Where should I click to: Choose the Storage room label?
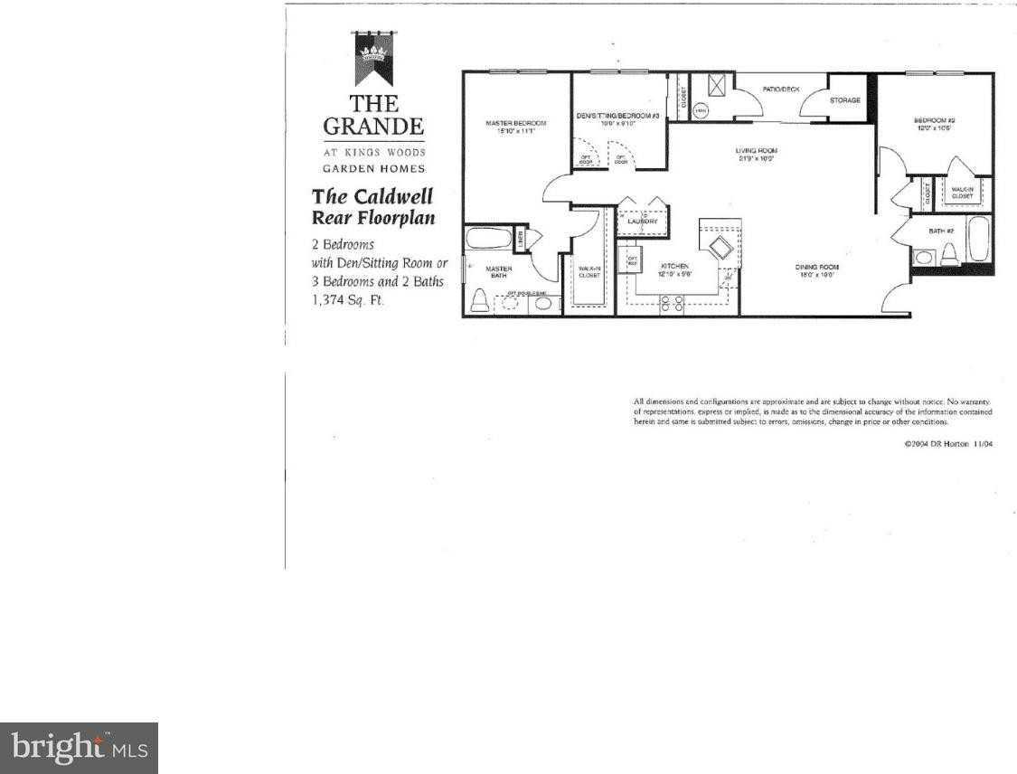[x=845, y=100]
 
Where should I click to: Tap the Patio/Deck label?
[x=781, y=89]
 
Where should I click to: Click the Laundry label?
[x=642, y=222]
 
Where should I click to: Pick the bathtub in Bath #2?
[x=979, y=239]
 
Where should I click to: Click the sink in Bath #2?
[x=921, y=258]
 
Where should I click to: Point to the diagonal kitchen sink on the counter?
[x=720, y=249]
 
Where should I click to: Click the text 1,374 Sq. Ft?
[x=348, y=301]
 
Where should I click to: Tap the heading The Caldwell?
[x=372, y=196]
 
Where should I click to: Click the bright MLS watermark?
[x=79, y=748]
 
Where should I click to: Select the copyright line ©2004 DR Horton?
[x=948, y=444]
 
